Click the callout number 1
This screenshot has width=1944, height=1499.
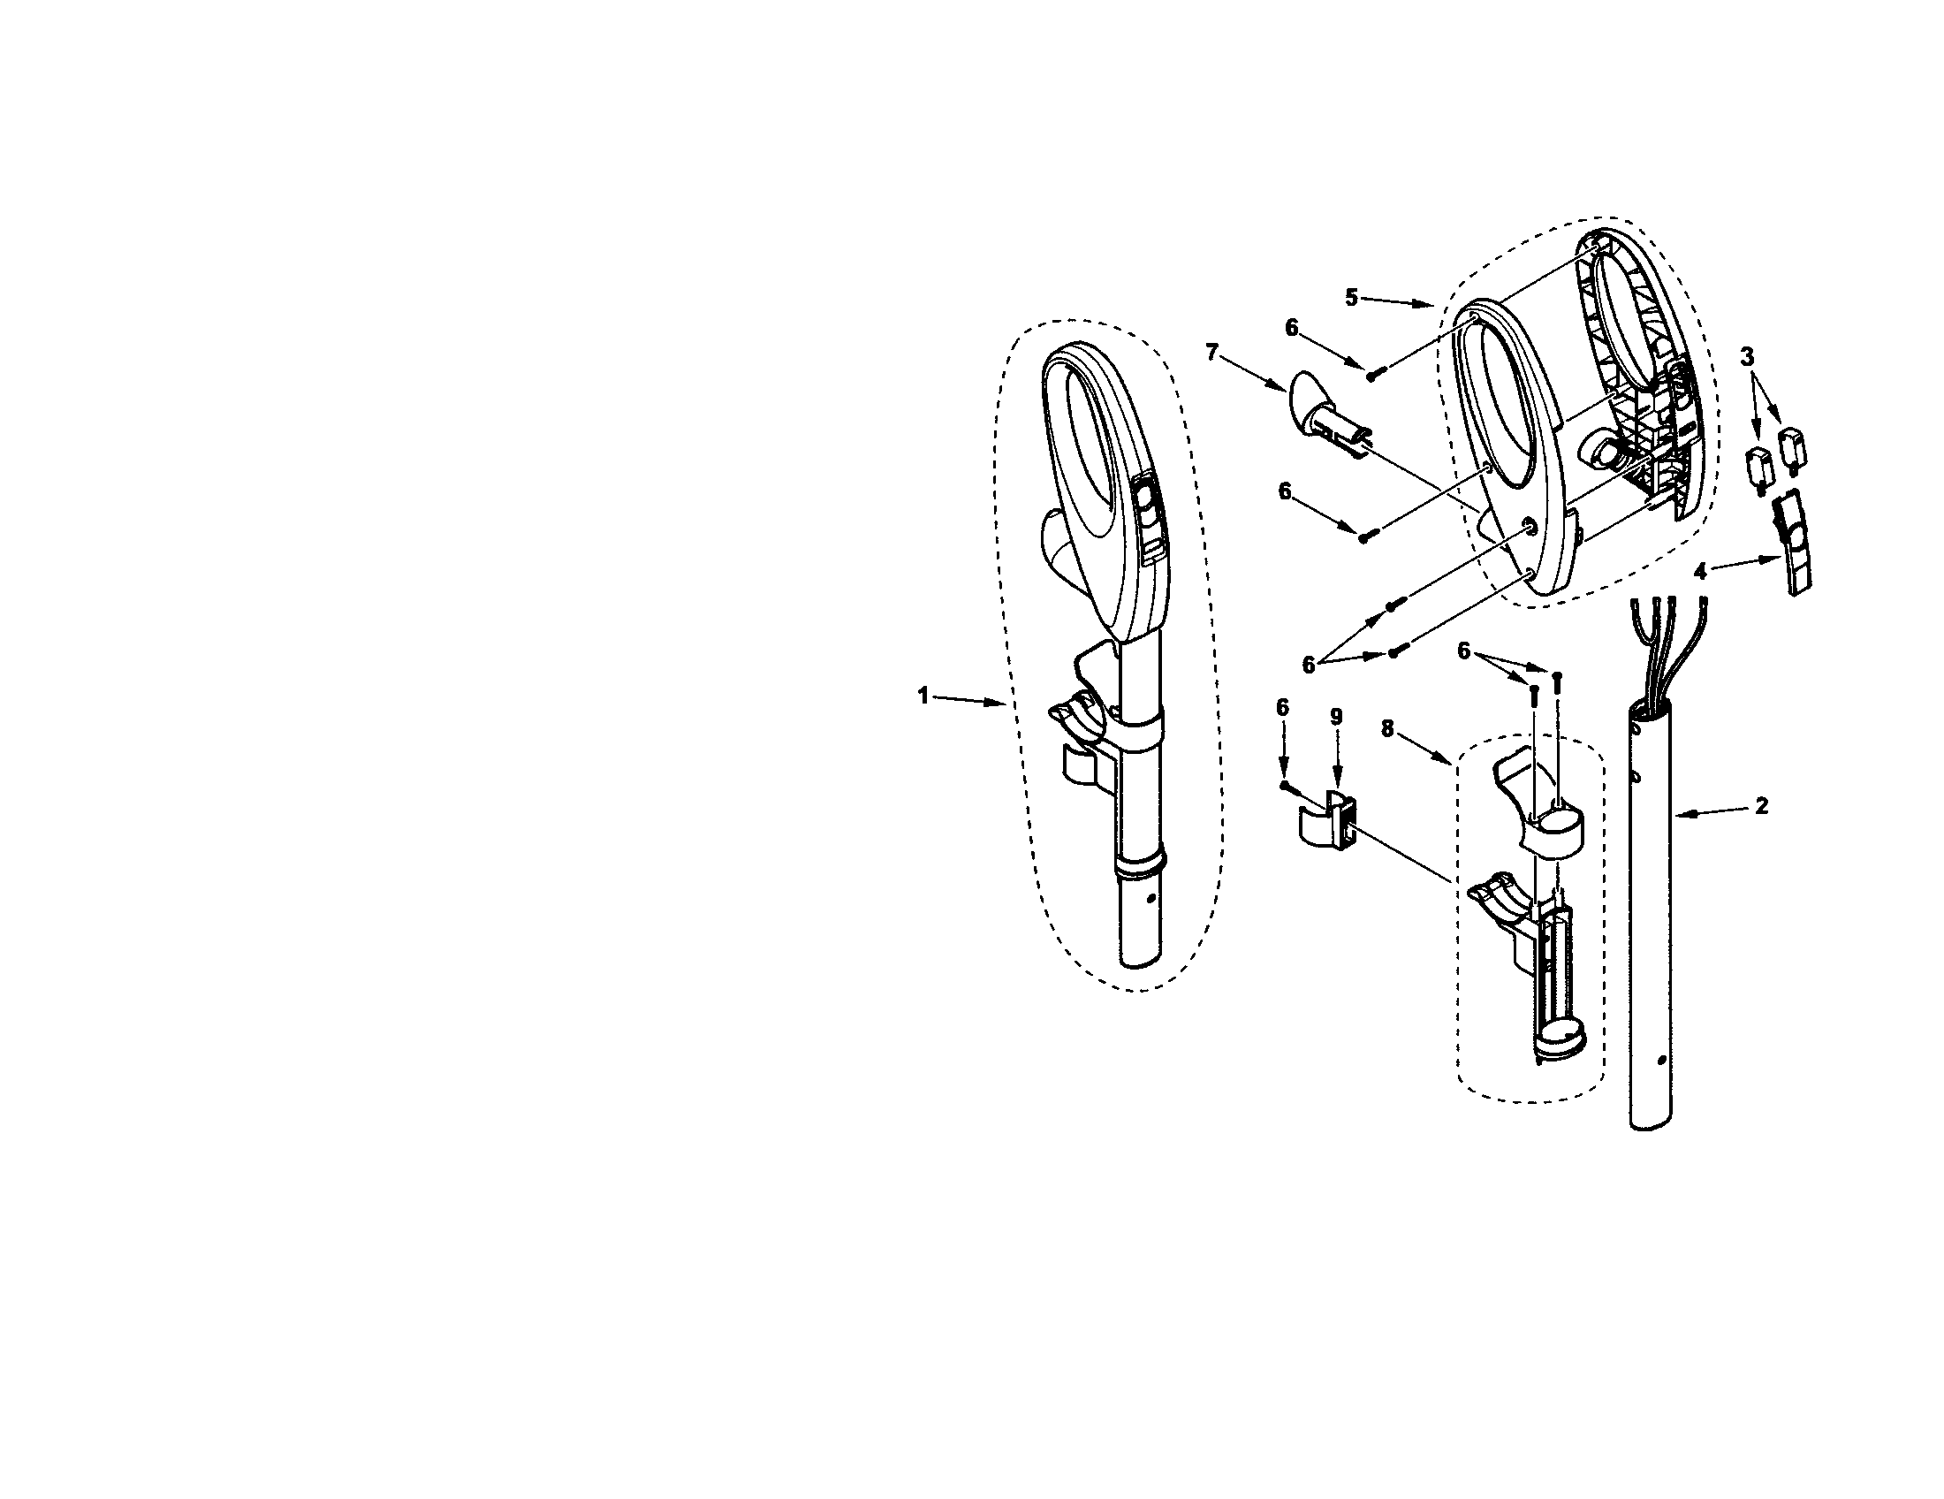pos(923,696)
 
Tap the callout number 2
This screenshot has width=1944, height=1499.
pos(1761,805)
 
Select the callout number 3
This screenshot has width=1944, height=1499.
pos(1747,357)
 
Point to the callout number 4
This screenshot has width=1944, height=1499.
pos(1701,573)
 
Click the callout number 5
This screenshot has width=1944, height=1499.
pos(1352,297)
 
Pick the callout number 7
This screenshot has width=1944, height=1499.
pos(1211,353)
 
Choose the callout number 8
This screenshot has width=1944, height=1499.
pos(1386,728)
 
